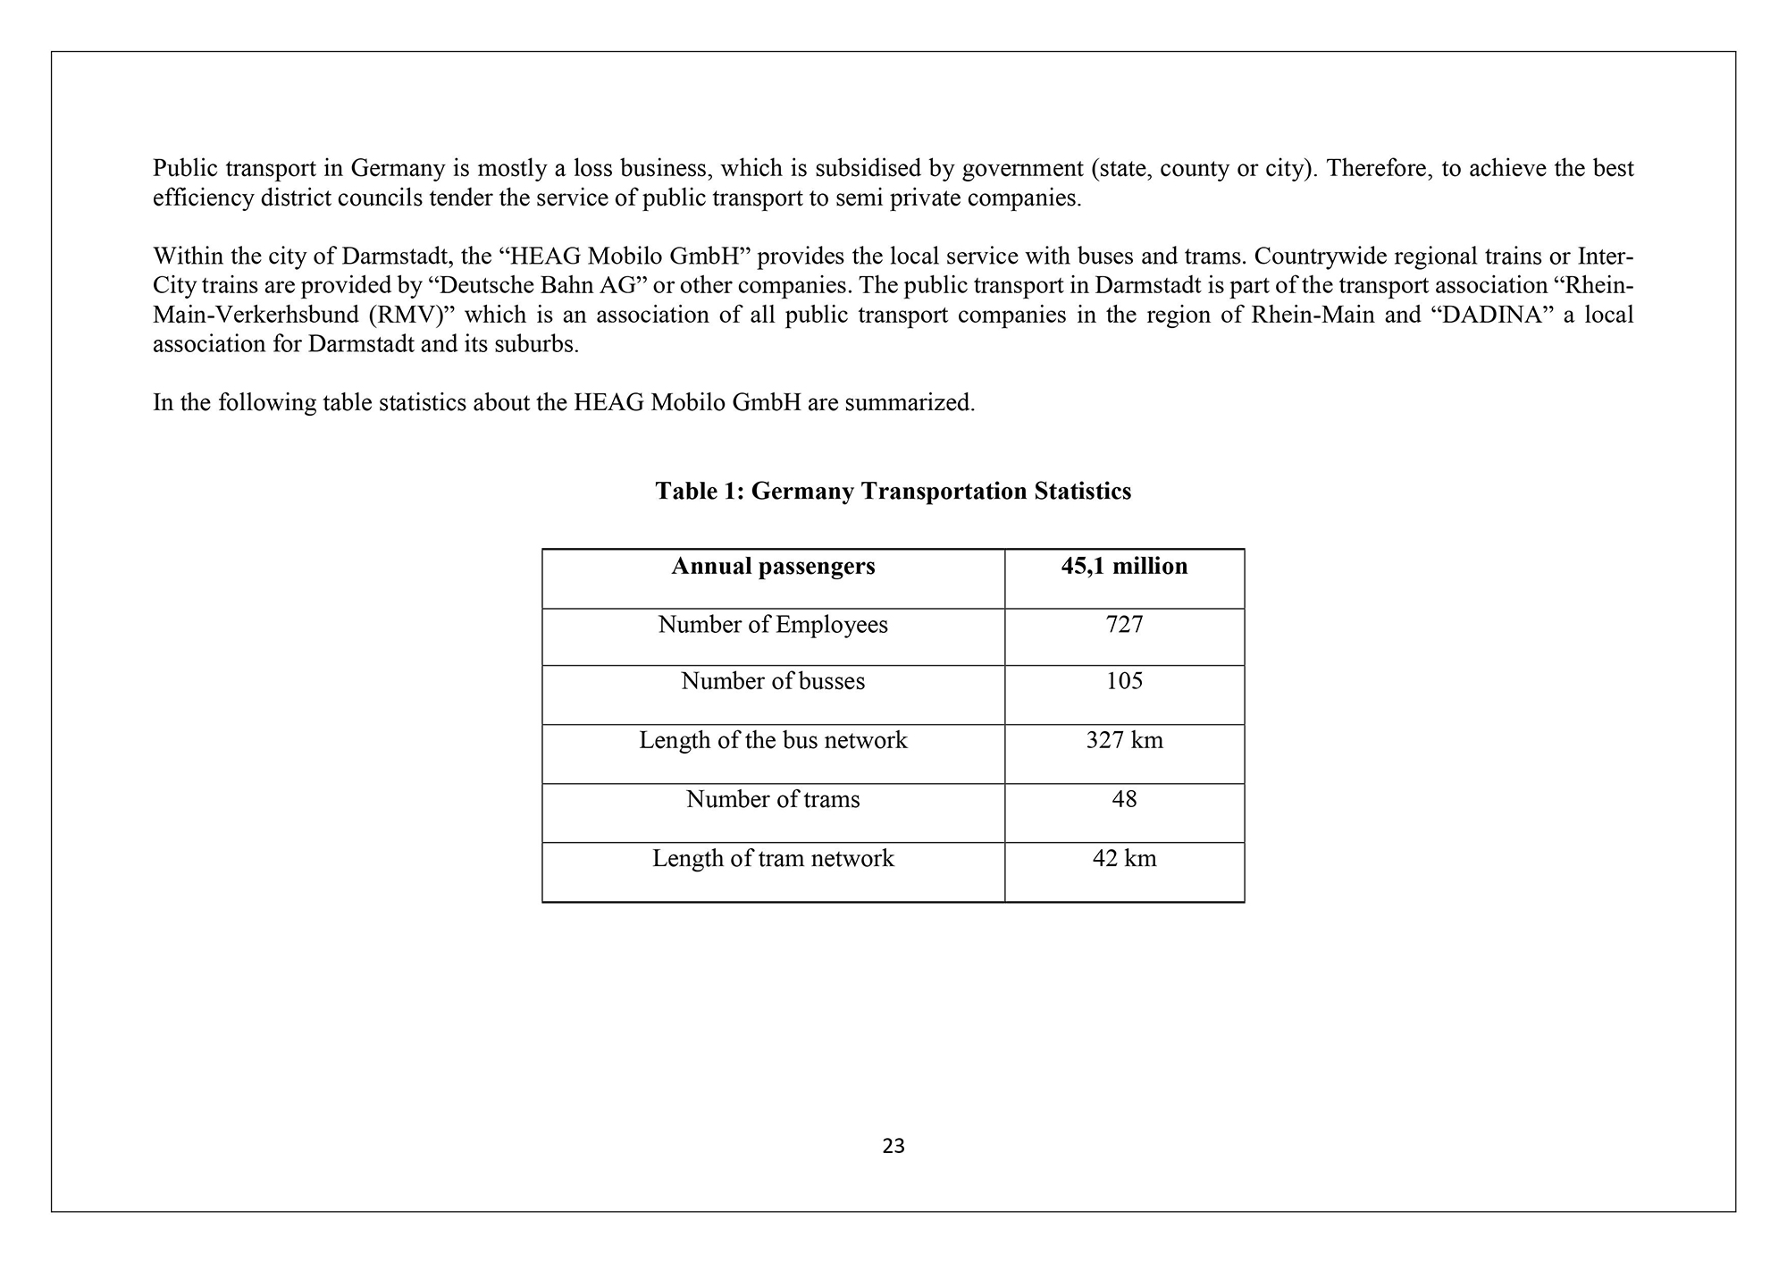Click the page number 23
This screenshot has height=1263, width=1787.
893,1146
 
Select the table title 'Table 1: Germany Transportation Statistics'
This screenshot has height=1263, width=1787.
893,492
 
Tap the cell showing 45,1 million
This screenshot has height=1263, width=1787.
1124,567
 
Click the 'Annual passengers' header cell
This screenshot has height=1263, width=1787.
773,567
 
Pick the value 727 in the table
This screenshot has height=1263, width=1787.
1124,625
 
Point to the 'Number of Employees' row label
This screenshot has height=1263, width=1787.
773,625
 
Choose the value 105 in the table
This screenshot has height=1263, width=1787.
1124,682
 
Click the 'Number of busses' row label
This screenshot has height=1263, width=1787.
773,682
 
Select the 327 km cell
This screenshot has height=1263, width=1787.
1124,741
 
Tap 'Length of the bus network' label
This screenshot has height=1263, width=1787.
773,741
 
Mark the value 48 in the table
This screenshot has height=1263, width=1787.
1124,799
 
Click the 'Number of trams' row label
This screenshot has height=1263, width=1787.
773,799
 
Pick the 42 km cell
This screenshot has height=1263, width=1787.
1124,859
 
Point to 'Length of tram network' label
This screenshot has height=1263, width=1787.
773,859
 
